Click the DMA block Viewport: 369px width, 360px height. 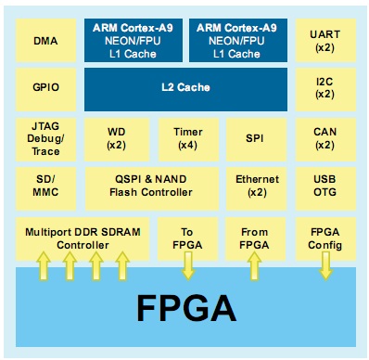[x=44, y=41]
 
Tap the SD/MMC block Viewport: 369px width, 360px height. [x=44, y=186]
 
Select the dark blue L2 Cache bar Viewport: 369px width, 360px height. [x=186, y=88]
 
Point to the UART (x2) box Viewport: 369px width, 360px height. [x=325, y=41]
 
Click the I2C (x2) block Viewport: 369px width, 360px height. [x=325, y=88]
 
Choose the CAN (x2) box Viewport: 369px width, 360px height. [x=325, y=138]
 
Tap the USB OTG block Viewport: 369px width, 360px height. [x=325, y=186]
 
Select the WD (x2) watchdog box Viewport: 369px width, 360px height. [x=115, y=138]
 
